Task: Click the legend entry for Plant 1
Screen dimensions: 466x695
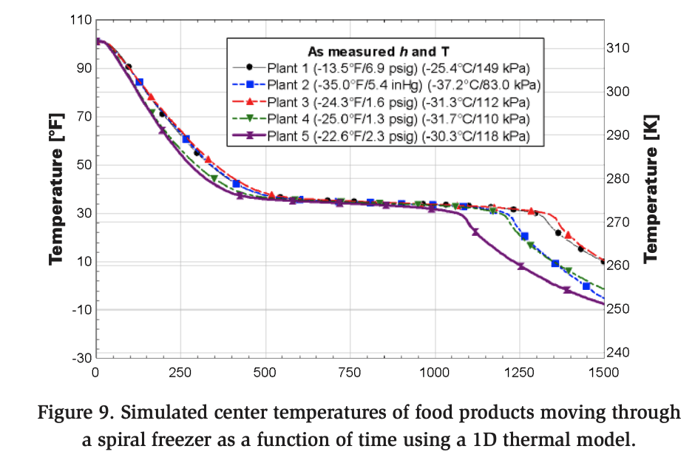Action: coord(385,67)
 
